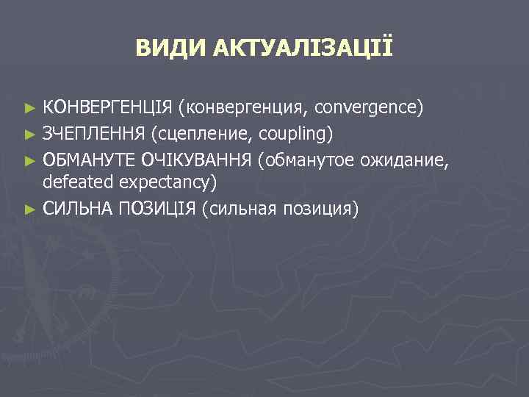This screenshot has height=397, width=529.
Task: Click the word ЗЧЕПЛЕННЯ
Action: (94, 134)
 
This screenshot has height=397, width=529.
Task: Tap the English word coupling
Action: (298, 134)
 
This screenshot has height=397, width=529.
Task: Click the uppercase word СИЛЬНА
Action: (76, 210)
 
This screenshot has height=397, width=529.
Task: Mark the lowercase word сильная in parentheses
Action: (242, 210)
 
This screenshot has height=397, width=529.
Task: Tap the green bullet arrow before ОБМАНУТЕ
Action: (29, 160)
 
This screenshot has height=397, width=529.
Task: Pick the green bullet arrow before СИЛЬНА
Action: (29, 210)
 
